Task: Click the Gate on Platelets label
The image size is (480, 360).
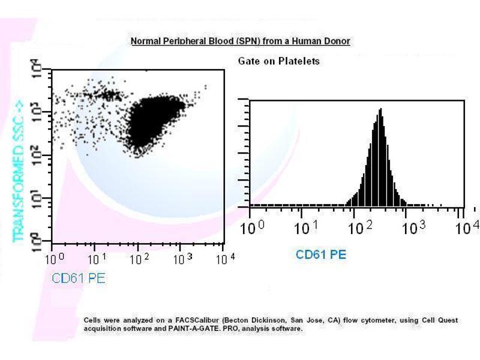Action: pyautogui.click(x=278, y=61)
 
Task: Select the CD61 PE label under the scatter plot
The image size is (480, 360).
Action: pyautogui.click(x=78, y=278)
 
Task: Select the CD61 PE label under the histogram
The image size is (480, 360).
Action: pyautogui.click(x=321, y=254)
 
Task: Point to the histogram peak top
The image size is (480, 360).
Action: pyautogui.click(x=380, y=110)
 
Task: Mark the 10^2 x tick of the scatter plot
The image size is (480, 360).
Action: pyautogui.click(x=139, y=260)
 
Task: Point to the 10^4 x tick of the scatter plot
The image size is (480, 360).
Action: pyautogui.click(x=224, y=260)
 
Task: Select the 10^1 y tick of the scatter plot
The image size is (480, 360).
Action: pyautogui.click(x=37, y=199)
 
